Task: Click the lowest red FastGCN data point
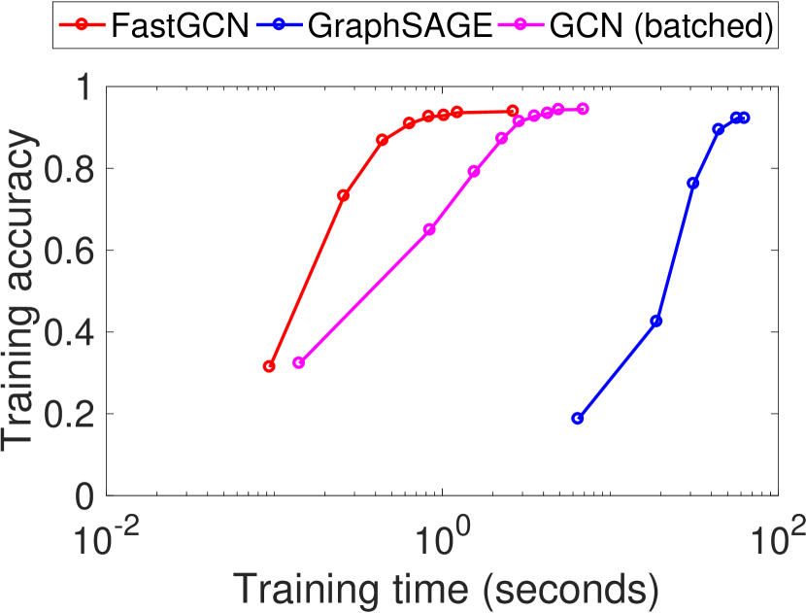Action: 269,366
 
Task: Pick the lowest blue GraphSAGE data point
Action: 578,418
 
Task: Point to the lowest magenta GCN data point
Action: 298,362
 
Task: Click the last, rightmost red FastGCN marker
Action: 513,111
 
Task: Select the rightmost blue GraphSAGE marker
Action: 745,118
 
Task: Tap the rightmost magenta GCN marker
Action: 583,109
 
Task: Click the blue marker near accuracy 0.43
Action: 656,321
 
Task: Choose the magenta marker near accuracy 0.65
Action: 429,229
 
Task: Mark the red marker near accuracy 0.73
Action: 343,195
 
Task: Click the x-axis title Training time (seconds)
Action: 440,589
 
